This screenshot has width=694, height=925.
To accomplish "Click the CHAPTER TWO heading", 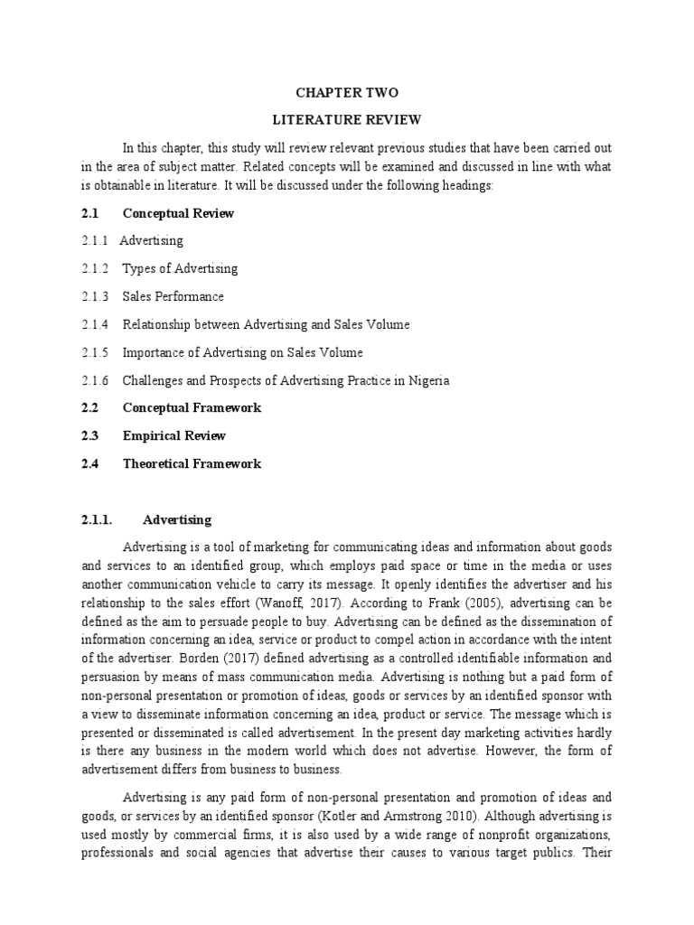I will (348, 93).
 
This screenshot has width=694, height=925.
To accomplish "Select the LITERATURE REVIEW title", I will (347, 119).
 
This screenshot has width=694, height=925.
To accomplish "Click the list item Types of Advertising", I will (180, 268).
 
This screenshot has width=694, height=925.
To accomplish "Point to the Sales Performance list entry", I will (173, 296).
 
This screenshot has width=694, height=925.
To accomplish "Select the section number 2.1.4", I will (94, 324).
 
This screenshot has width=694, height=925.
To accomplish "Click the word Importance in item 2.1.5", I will (154, 352).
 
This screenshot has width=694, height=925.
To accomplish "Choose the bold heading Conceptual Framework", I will (192, 407).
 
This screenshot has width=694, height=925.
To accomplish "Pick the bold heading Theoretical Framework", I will (192, 463).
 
